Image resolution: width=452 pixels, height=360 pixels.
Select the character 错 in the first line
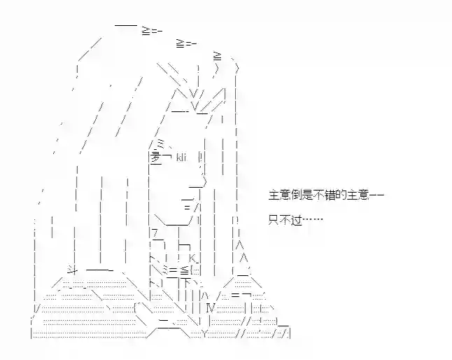tap(328, 195)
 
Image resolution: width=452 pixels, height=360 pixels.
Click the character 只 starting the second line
tap(274, 221)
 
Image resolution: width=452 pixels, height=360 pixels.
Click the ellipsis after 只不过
tap(313, 220)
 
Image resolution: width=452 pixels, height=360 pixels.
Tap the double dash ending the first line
tap(376, 195)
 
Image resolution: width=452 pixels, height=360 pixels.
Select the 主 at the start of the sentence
tap(274, 195)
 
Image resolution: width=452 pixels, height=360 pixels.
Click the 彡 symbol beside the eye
tap(155, 158)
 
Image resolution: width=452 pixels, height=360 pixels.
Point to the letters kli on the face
tap(181, 158)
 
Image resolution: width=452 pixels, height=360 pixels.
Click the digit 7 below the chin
tap(155, 233)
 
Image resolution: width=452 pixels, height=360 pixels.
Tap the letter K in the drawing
tap(192, 258)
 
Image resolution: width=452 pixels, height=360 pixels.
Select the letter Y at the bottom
tap(204, 334)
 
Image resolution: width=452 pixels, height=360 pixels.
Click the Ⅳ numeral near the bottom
tap(211, 308)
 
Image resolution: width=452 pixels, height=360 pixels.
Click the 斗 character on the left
tap(72, 269)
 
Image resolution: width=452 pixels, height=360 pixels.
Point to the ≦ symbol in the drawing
tap(184, 270)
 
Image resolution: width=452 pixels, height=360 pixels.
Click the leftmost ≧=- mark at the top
tap(152, 31)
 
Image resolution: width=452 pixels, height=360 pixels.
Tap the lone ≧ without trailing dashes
tap(218, 56)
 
